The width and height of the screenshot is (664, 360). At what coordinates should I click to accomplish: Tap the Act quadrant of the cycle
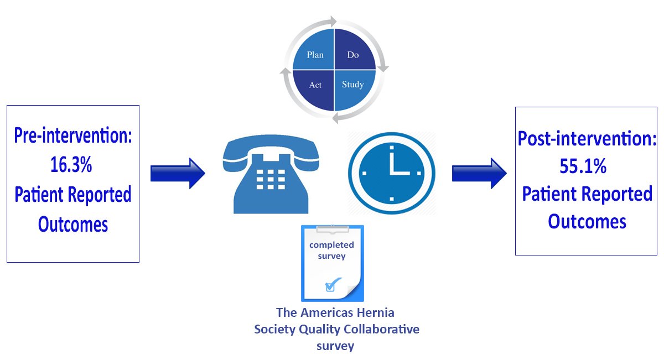tap(315, 86)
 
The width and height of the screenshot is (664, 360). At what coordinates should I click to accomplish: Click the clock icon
tap(391, 173)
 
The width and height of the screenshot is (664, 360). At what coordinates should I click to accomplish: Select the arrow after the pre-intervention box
tap(178, 173)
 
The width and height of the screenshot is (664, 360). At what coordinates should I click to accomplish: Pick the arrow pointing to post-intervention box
tap(479, 173)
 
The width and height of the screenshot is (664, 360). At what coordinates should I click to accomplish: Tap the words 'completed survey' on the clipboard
tap(331, 250)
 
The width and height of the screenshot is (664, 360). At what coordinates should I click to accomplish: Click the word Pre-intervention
tap(73, 136)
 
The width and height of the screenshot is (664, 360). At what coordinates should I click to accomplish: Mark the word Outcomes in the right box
tap(587, 221)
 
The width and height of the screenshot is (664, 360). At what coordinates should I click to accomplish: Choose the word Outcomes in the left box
tap(73, 224)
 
